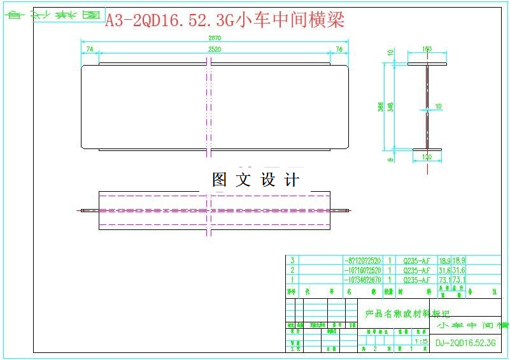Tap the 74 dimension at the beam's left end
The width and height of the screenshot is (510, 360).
pos(90,49)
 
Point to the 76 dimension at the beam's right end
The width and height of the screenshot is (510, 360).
pos(339,49)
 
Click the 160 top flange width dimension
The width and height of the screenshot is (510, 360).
pos(427,49)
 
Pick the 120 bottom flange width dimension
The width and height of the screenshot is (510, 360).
pos(427,157)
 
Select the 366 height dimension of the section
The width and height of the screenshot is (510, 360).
pos(381,107)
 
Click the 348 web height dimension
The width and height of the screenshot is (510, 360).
pos(390,107)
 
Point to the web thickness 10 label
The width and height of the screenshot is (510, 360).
pos(438,106)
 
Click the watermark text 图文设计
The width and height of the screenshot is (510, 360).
pos(255,180)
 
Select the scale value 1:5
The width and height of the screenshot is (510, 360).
pos(420,342)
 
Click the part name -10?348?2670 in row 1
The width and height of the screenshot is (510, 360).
pos(362,280)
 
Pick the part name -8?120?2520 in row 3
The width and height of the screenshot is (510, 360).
pos(362,261)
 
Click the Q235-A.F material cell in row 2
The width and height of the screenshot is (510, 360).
pos(416,270)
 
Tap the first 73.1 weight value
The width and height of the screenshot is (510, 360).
pos(444,280)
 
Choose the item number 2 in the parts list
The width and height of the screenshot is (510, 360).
pos(292,270)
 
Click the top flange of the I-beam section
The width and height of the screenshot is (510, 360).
pos(427,62)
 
